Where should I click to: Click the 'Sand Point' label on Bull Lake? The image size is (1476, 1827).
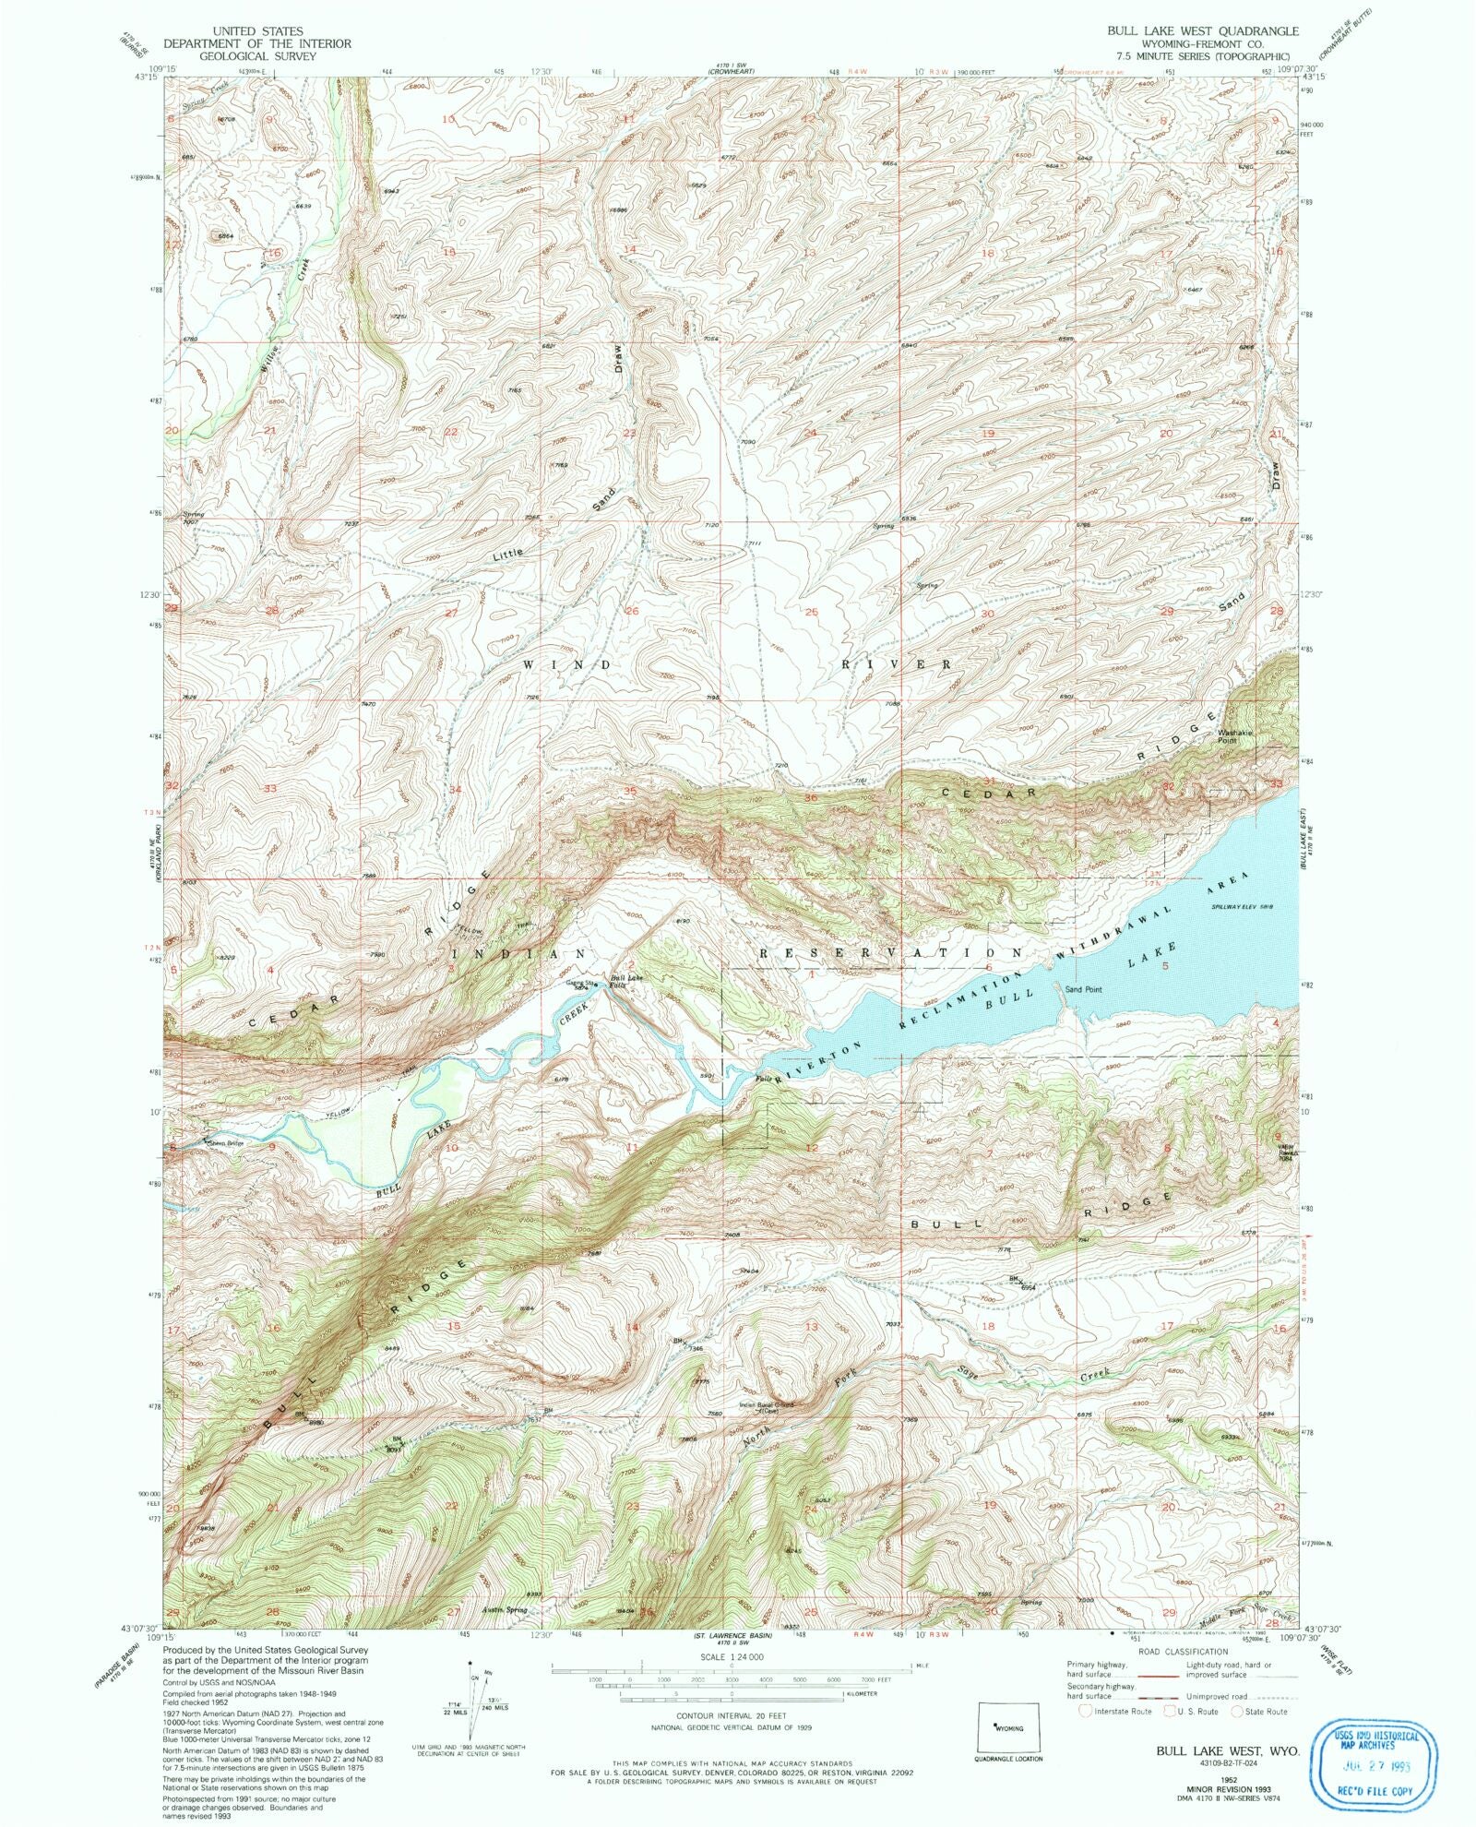pyautogui.click(x=1083, y=989)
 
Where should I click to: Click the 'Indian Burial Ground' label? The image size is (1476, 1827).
pyautogui.click(x=767, y=1406)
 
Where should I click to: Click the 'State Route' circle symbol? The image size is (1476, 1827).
pyautogui.click(x=1237, y=1711)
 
